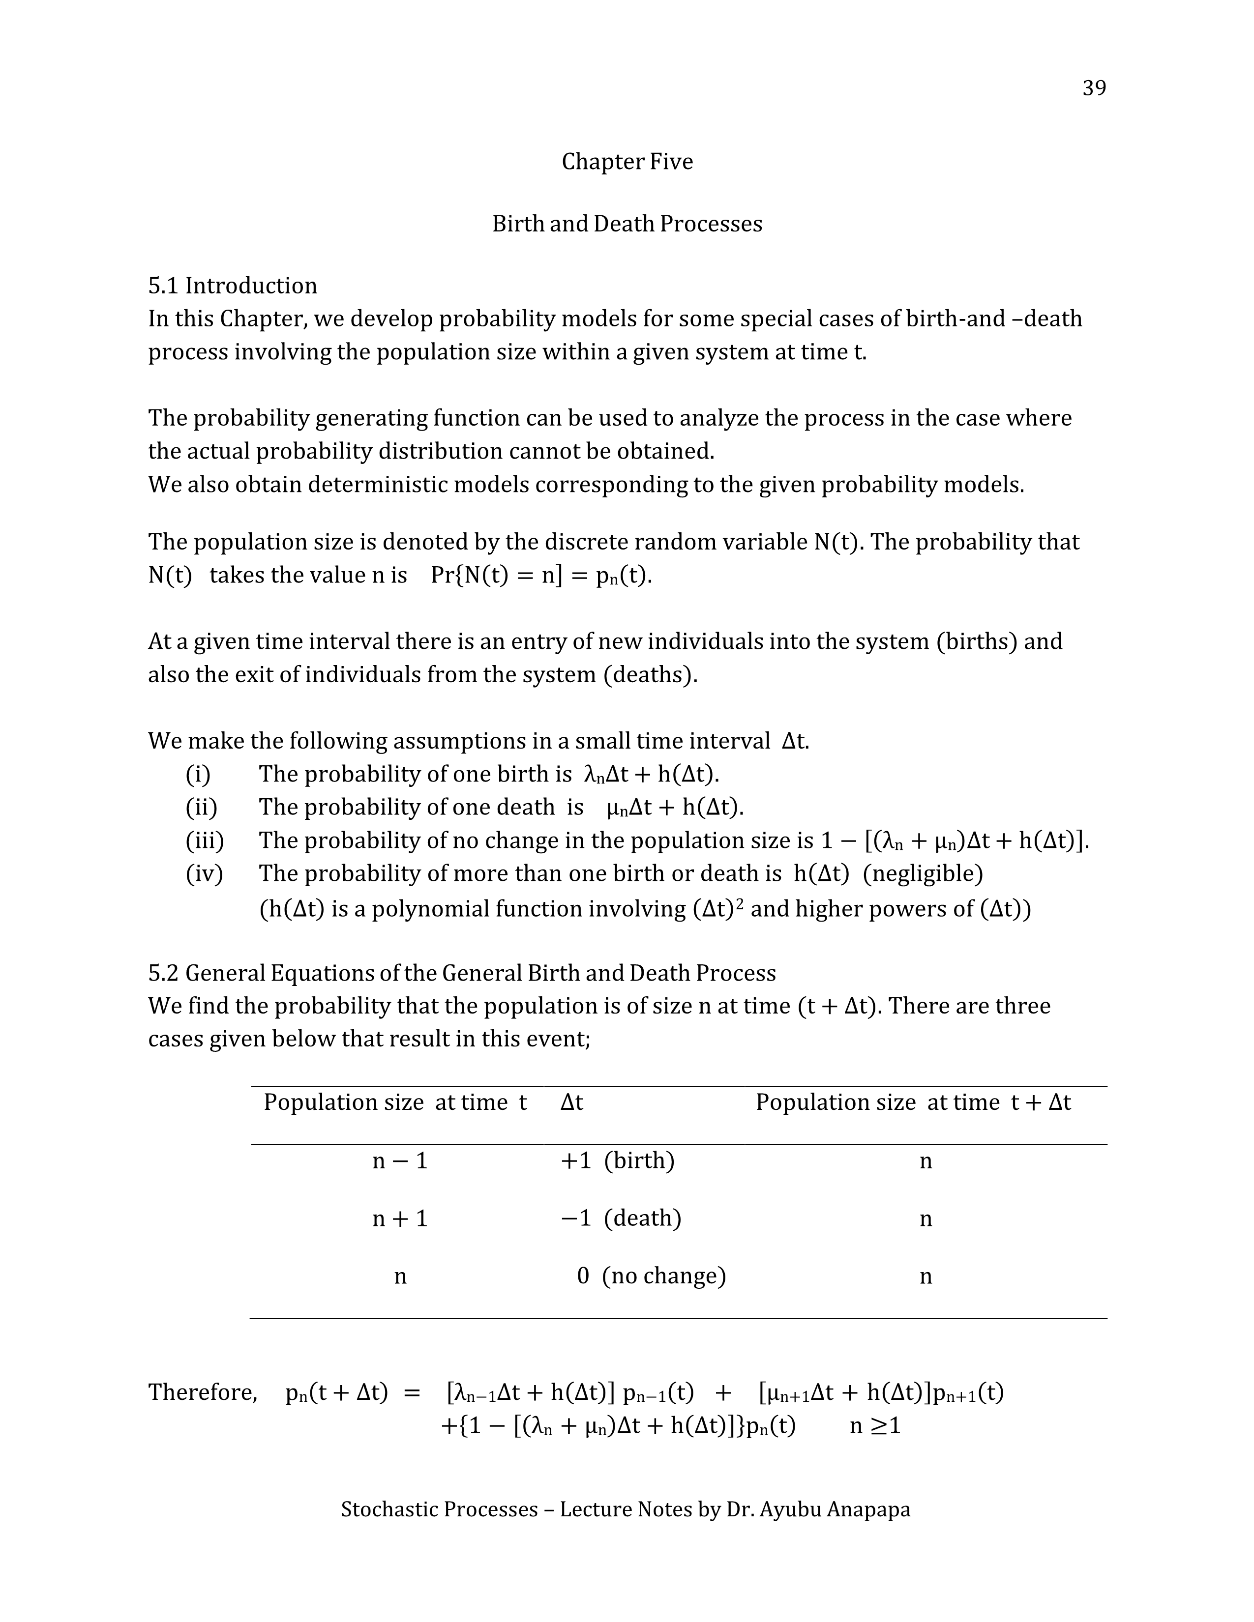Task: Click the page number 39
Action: pyautogui.click(x=1094, y=88)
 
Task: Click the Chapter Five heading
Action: pyautogui.click(x=627, y=162)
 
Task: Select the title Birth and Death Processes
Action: pyautogui.click(x=627, y=224)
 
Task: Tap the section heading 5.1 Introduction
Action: pyautogui.click(x=233, y=286)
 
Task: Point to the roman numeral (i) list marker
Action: pyautogui.click(x=198, y=775)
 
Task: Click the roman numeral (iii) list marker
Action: pyautogui.click(x=204, y=840)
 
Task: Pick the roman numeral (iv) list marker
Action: pyautogui.click(x=204, y=873)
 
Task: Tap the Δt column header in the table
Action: pyautogui.click(x=572, y=1103)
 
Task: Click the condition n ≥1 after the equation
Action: pyautogui.click(x=875, y=1426)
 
